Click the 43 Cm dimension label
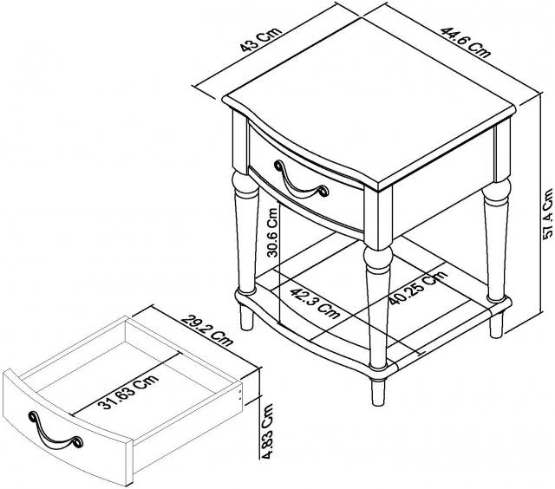(261, 39)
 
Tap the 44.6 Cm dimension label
(466, 42)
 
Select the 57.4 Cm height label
(547, 214)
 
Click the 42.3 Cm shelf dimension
(315, 303)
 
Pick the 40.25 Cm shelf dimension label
(418, 288)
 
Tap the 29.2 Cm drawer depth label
(207, 329)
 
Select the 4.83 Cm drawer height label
(267, 431)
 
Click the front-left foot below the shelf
(246, 317)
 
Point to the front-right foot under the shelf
(378, 392)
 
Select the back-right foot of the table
(496, 325)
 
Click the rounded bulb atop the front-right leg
(378, 257)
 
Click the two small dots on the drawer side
(241, 394)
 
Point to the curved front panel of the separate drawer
(68, 427)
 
